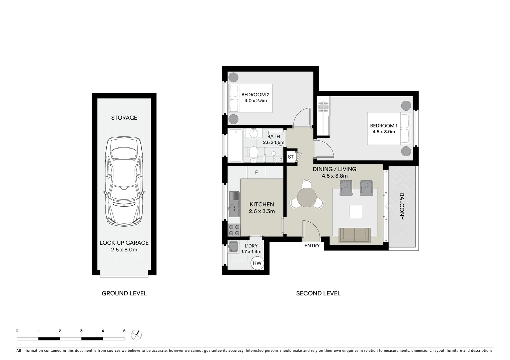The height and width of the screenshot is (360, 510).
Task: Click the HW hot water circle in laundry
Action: [257, 263]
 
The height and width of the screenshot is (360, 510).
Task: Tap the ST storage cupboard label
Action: [291, 157]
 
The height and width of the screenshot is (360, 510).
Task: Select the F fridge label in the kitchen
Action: [257, 172]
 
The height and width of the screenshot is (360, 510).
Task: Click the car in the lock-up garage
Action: [124, 182]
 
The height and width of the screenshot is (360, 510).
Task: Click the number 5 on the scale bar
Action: [124, 331]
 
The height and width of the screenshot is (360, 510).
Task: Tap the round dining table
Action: [307, 198]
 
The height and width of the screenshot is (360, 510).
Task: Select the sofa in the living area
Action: [354, 235]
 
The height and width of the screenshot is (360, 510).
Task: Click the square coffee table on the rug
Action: [355, 211]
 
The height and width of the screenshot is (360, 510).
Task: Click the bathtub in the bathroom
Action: [235, 146]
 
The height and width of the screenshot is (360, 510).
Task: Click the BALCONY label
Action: [402, 206]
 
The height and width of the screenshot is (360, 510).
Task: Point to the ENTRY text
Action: [312, 246]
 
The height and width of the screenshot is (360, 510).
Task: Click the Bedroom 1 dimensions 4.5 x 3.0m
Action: [384, 132]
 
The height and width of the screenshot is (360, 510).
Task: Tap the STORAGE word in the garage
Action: [124, 118]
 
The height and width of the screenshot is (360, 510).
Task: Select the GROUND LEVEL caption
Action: [124, 293]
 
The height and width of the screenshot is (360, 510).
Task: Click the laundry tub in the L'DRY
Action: [233, 247]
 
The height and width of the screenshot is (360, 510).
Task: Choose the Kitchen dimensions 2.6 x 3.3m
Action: [262, 211]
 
